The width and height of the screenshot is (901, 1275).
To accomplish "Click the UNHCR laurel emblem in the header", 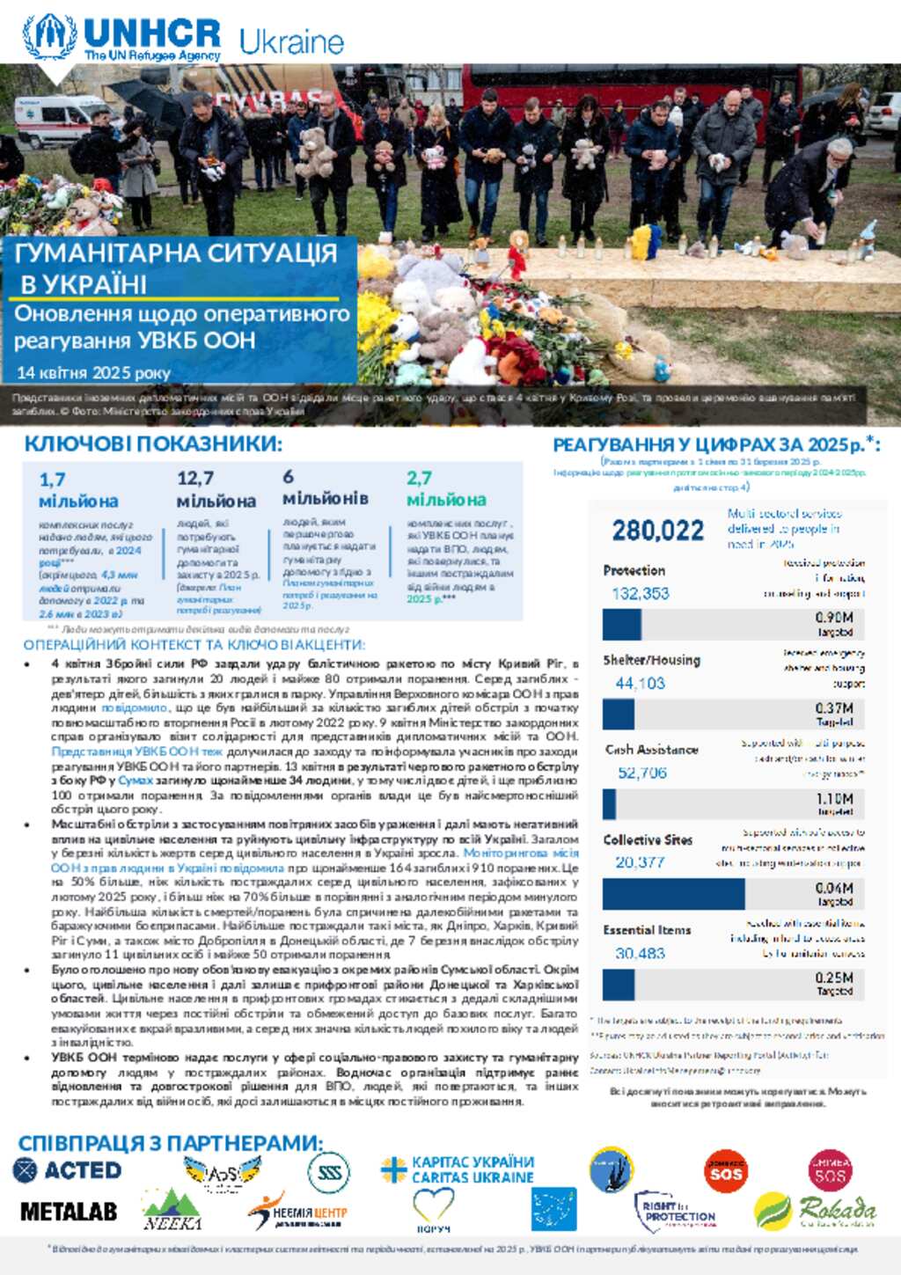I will tap(49, 36).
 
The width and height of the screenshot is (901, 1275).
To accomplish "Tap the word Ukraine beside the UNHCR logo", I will tap(291, 41).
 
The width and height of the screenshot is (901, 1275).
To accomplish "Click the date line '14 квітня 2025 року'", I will tap(93, 372).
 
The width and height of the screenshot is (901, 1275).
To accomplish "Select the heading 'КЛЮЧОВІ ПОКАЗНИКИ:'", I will tap(153, 443).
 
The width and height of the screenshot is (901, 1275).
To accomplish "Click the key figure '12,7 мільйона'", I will tap(216, 489).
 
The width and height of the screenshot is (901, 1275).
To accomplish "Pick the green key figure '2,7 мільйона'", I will tap(446, 488).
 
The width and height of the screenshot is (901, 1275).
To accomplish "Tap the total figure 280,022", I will tap(658, 531).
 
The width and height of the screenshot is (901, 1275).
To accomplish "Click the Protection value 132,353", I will tap(641, 593).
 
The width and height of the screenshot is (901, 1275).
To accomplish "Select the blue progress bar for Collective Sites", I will tap(673, 894).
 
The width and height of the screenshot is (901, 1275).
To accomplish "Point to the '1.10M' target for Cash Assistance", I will tap(834, 799).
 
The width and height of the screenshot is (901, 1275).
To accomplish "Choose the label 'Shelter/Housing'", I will tap(651, 660).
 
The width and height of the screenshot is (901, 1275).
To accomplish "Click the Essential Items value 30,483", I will tap(640, 953).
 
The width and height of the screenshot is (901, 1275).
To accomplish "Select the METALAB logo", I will tap(69, 1212).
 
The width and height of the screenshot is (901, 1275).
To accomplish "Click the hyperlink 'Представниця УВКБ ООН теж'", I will tap(137, 751).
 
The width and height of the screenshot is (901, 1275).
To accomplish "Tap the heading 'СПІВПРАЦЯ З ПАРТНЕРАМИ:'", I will tap(170, 1143).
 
